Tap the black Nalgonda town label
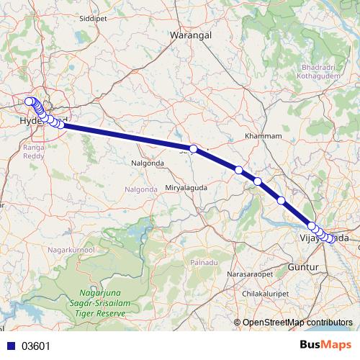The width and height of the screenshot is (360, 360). [x=148, y=163]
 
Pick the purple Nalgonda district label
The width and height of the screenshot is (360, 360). [x=142, y=189]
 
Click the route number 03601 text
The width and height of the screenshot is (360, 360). [x=35, y=346]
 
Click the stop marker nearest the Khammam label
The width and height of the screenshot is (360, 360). [x=238, y=170]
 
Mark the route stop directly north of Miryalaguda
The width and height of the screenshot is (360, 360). [x=193, y=149]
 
